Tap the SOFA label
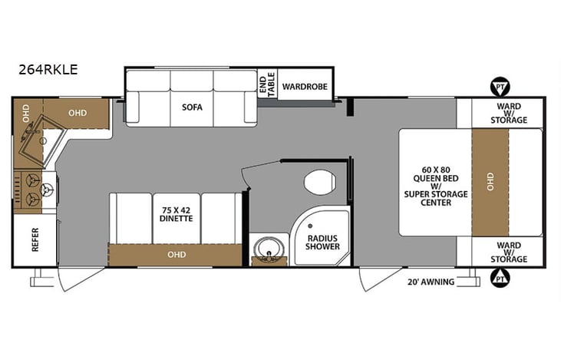pos(192,107)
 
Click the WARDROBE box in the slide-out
pos(304,87)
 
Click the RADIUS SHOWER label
pos(322,243)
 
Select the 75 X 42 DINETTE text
pos(177,213)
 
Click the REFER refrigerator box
pos(35,240)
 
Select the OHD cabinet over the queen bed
pos(490,182)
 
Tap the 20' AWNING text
pos(433,282)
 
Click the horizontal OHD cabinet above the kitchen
pos(77,112)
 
